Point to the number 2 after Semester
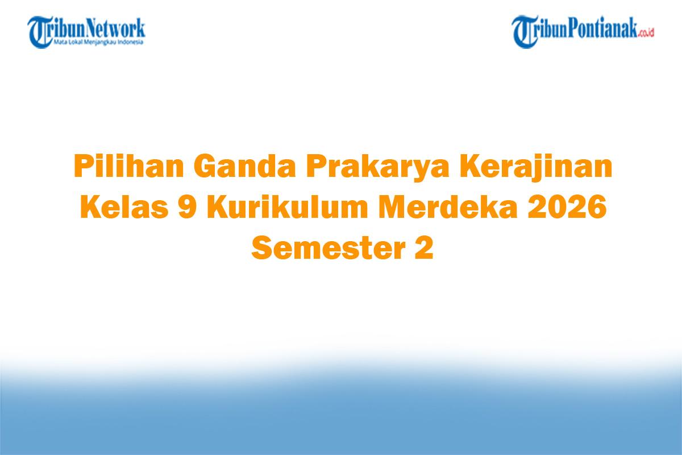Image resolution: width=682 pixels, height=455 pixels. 422,247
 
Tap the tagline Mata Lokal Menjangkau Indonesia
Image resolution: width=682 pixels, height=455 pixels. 99,42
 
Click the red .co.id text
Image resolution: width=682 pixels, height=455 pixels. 646,34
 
